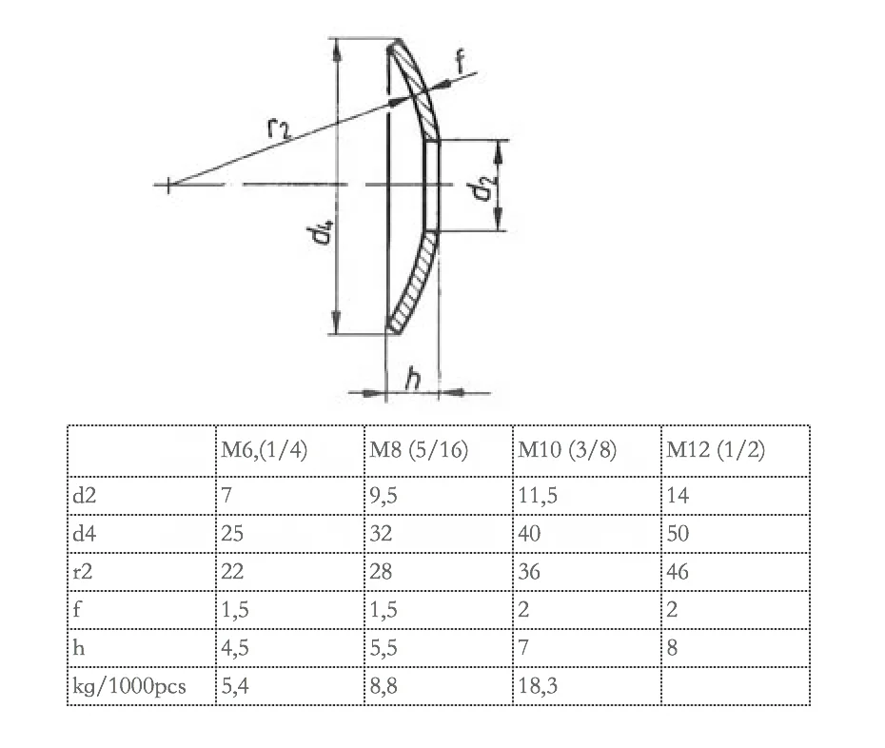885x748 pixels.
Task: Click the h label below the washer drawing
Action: [413, 379]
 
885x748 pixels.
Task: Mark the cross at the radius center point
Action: [169, 185]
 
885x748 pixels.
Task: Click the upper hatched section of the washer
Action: [419, 91]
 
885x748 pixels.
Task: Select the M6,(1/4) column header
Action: [262, 449]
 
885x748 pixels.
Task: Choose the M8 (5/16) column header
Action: [419, 449]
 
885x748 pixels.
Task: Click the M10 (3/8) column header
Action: [566, 449]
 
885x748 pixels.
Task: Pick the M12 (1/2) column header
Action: [714, 449]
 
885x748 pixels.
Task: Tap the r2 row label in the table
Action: [85, 571]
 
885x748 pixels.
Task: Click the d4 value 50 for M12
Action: [678, 533]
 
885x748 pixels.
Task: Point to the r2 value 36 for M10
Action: [530, 571]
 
